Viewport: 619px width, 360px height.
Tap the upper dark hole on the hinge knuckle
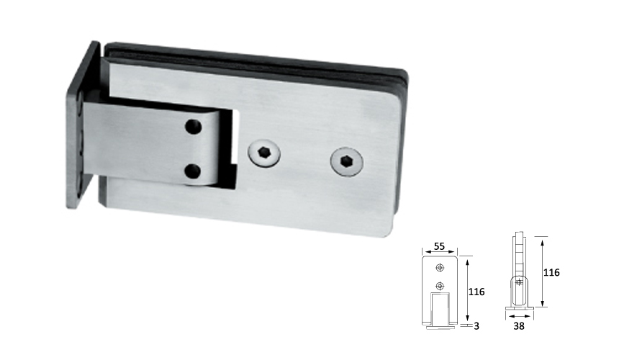click(194, 128)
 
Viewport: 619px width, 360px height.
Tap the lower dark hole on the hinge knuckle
click(192, 171)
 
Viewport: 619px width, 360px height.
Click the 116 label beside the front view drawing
click(476, 292)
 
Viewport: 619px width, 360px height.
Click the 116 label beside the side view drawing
click(551, 272)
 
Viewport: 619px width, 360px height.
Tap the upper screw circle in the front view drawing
click(440, 268)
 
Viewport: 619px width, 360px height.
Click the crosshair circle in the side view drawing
click(518, 282)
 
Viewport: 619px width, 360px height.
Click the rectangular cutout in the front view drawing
click(440, 307)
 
